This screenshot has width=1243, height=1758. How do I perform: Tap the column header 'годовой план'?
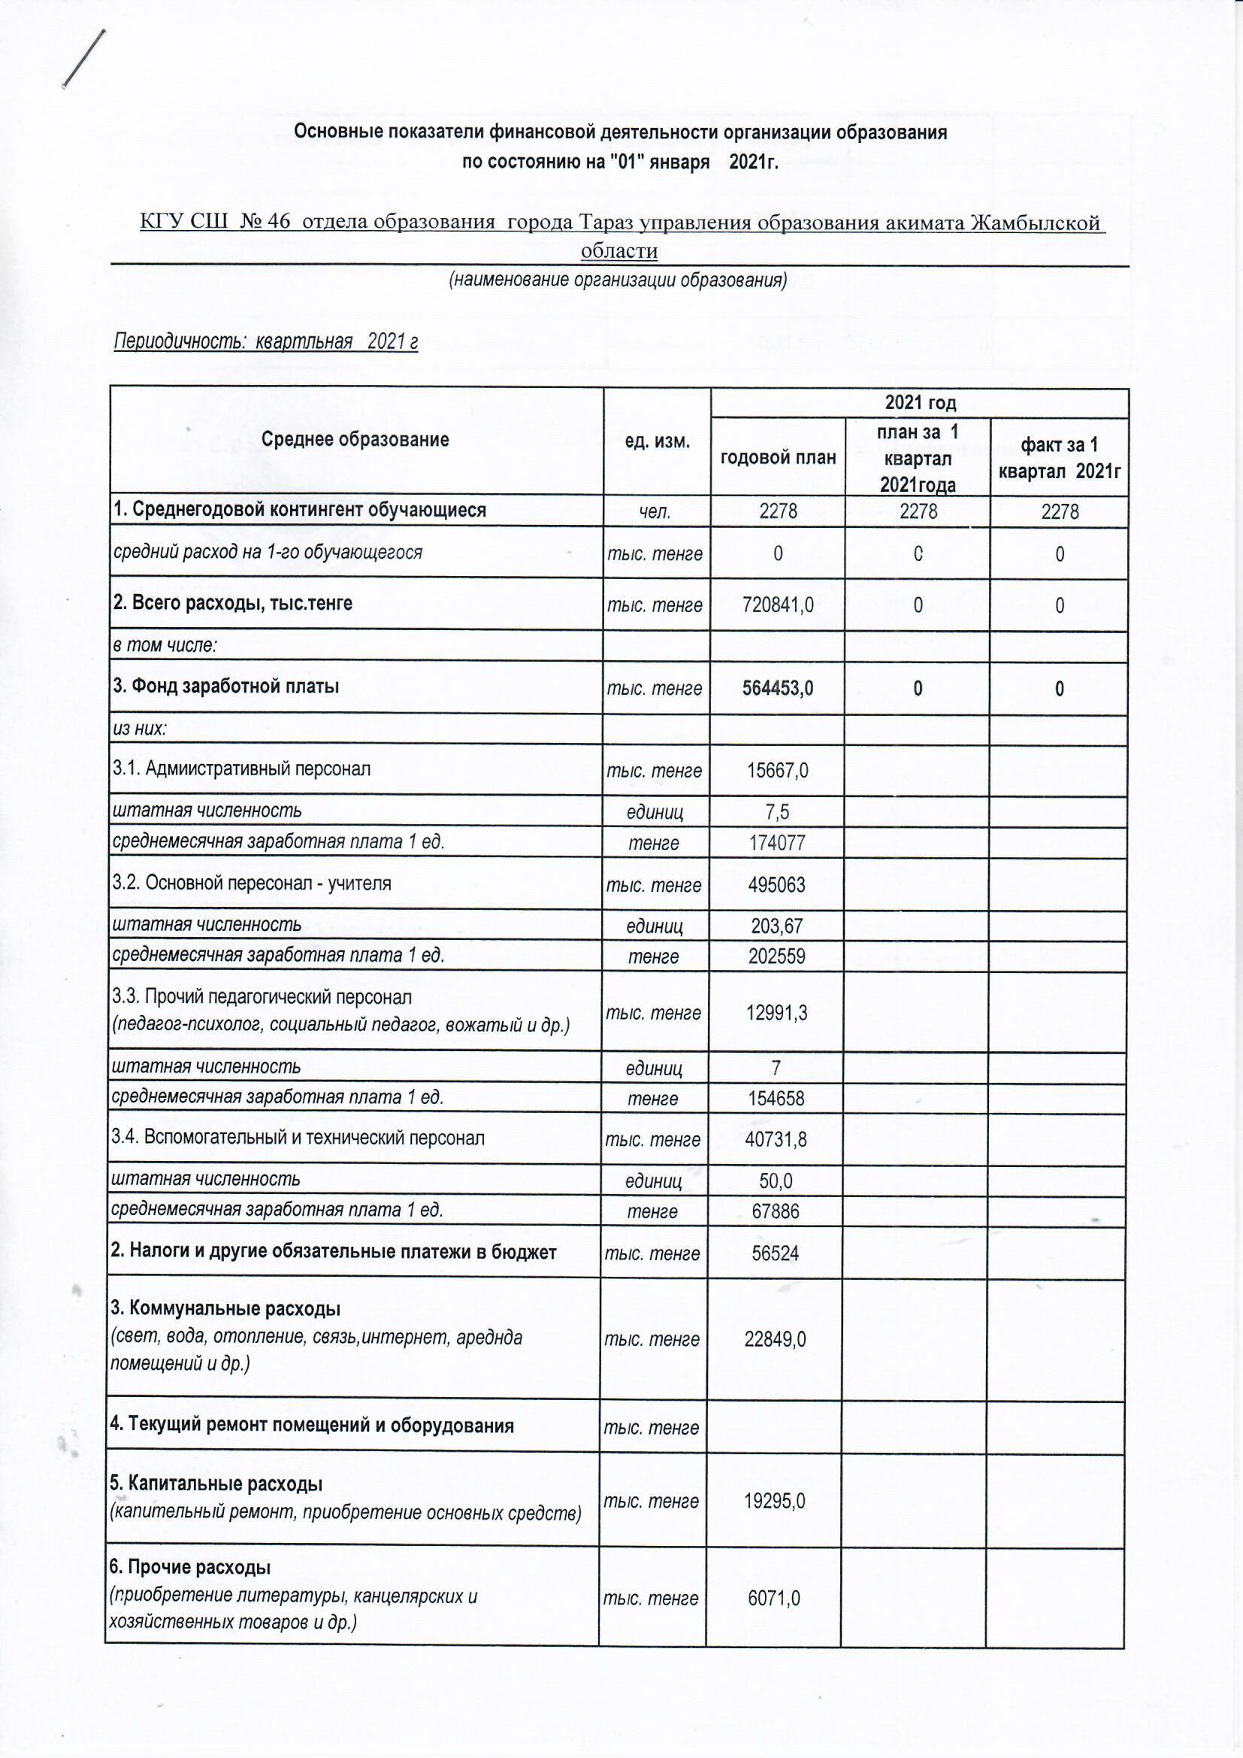coord(778,458)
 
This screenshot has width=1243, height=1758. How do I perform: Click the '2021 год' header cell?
coord(919,403)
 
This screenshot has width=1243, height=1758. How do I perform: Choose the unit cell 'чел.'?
coord(655,511)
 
